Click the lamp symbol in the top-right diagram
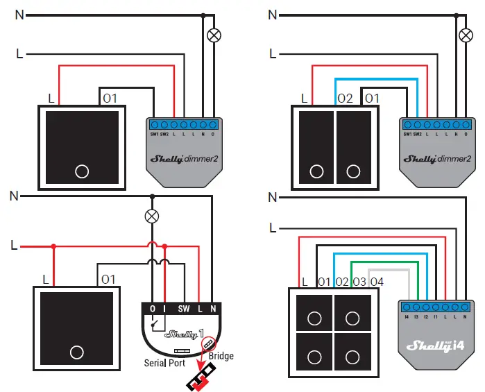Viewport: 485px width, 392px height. tap(466, 34)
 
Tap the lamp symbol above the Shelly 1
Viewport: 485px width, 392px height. tap(151, 216)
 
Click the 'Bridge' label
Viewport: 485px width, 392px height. tap(220, 356)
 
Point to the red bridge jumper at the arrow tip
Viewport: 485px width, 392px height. tap(202, 379)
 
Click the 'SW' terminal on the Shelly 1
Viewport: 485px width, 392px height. tap(183, 307)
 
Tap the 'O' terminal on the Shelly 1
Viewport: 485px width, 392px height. tap(152, 307)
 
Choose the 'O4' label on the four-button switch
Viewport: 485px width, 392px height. tap(376, 282)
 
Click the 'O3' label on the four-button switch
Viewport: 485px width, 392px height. tap(359, 282)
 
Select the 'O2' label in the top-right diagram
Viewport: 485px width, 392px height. tap(346, 99)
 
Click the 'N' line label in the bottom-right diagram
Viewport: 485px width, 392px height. tap(273, 196)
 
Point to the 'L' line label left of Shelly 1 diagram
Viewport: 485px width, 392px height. tap(15, 245)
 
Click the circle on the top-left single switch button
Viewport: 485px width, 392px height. tap(82, 171)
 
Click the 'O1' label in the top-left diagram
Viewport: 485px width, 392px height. tap(110, 99)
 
